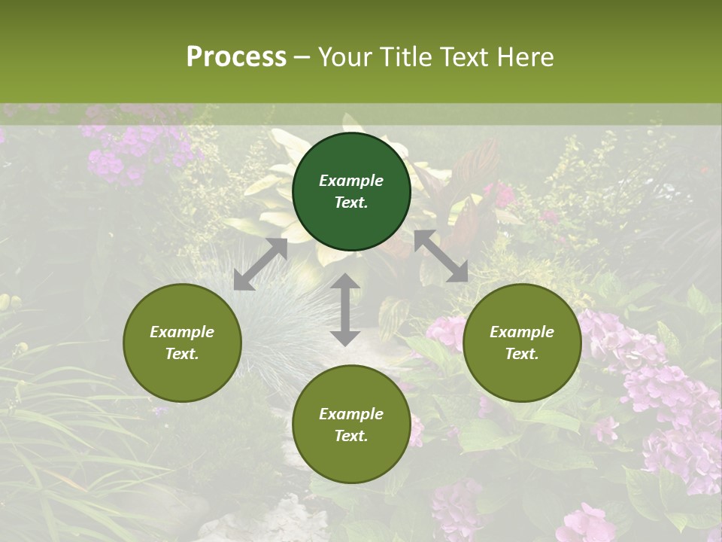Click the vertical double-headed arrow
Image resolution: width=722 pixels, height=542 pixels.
(345, 309)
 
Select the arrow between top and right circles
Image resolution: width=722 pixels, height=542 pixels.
(441, 256)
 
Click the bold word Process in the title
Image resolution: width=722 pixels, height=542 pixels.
(236, 57)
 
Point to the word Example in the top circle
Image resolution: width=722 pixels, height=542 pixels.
(351, 181)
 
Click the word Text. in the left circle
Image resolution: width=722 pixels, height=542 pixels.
(182, 354)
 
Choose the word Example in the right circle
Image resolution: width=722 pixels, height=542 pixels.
(522, 332)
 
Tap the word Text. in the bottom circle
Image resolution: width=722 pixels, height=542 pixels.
(351, 436)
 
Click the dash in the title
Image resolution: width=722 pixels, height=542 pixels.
(302, 57)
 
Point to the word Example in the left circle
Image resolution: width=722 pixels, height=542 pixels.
(182, 332)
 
